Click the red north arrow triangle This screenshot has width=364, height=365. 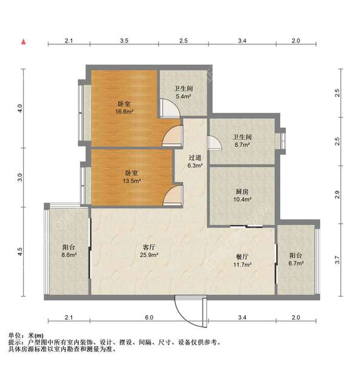coord(23,42)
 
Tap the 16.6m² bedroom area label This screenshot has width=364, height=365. coord(124,107)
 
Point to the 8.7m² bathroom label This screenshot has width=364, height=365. coord(241,141)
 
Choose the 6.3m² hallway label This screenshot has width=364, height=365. coord(195,161)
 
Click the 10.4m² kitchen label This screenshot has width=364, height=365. coord(241,195)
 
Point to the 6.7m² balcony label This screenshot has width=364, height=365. coord(296,259)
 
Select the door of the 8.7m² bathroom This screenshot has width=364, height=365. coord(214,143)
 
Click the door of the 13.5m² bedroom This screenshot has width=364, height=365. coord(172,196)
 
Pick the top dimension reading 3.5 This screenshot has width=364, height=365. coord(124,41)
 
